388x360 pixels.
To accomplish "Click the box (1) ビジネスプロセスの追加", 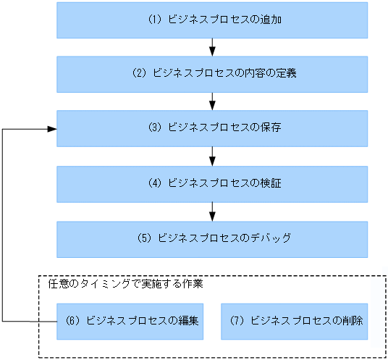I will click(212, 20).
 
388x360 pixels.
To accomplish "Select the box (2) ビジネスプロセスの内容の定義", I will click(212, 74).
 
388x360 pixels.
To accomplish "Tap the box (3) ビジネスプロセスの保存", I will click(212, 128).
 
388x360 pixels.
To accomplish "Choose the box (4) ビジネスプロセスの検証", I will click(212, 183).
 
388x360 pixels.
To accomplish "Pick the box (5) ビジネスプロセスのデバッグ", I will click(212, 238).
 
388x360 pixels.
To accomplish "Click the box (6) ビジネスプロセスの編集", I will click(130, 320).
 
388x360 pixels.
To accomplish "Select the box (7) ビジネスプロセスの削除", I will click(294, 320).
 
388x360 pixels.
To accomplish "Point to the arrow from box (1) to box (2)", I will click(212, 47).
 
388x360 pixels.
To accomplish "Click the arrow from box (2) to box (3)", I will click(212, 101).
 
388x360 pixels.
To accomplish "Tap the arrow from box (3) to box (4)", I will click(212, 156).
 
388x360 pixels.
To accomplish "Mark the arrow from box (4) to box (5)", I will click(212, 211).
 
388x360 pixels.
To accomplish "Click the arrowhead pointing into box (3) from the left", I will click(52, 129).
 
